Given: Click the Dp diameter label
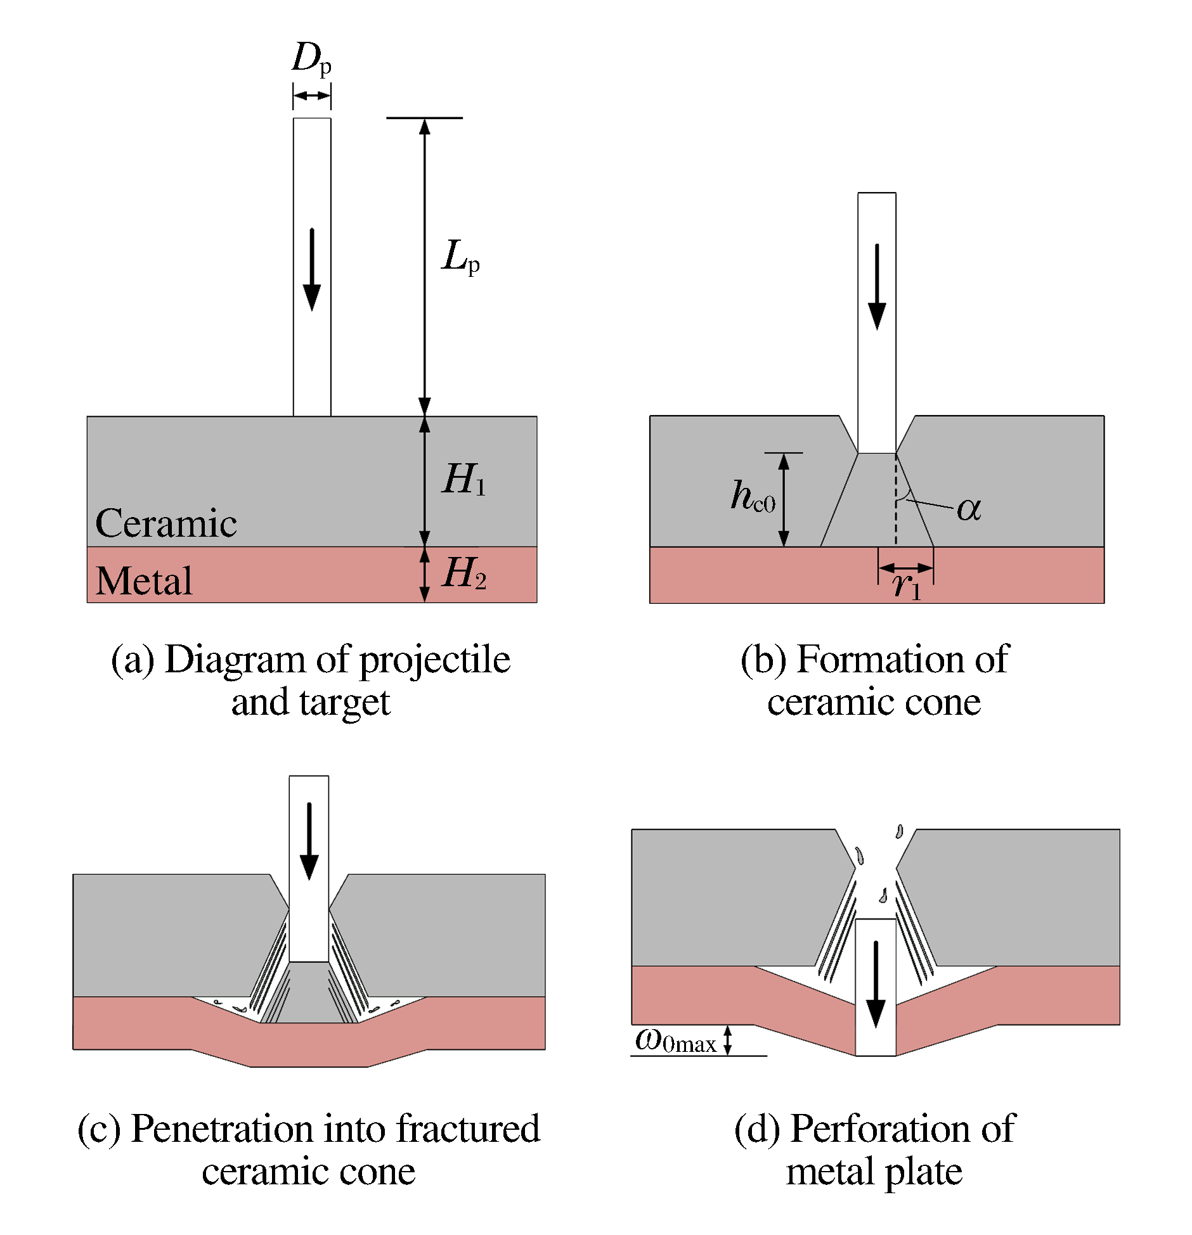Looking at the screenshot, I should point(311,59).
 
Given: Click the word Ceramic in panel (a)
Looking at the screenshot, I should point(166,523).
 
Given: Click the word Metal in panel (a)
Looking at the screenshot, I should point(144,580).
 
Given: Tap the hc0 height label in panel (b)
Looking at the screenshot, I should point(753,496).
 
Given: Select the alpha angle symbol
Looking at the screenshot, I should point(969,508).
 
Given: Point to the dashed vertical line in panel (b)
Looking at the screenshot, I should point(896,507).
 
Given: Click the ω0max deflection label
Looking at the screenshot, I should point(676,1041).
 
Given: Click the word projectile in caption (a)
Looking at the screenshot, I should point(435,660).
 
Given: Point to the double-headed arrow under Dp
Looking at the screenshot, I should point(312,96).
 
